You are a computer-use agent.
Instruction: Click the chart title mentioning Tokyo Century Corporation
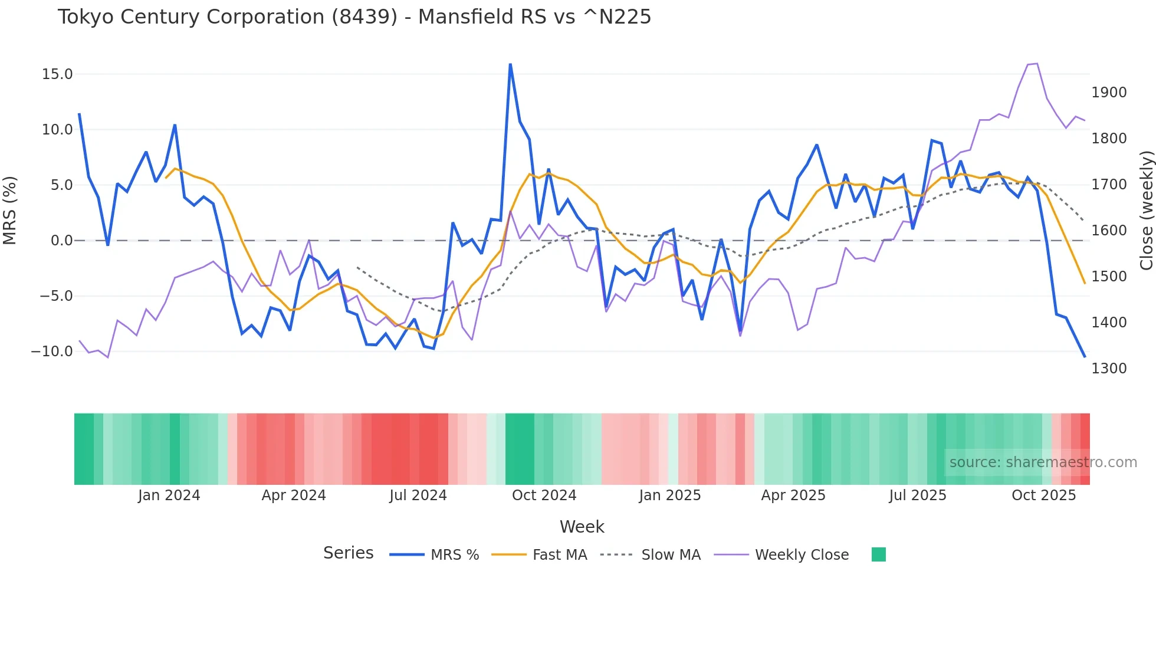354,17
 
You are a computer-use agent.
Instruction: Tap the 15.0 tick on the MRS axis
57,74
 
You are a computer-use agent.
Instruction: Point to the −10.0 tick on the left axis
52,352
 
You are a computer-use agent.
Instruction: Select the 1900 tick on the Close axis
1109,93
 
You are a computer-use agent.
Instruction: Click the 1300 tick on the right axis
1109,369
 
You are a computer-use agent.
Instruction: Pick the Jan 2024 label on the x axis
169,495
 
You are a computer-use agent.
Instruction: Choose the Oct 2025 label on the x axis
1043,495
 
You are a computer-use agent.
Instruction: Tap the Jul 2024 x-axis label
418,495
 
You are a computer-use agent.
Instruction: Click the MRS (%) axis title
10,211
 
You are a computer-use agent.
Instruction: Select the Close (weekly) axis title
1146,211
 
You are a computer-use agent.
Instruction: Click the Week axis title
582,527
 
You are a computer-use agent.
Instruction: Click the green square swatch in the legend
878,554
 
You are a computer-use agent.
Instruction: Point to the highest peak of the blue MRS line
510,64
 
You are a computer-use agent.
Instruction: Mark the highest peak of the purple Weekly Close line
1037,64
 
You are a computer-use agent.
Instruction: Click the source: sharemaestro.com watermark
1043,462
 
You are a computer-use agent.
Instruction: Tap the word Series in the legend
348,553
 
